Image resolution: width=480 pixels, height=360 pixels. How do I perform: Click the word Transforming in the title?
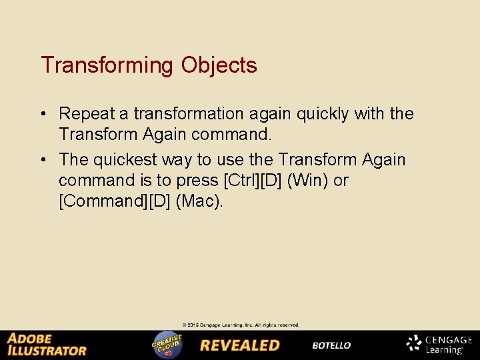[x=107, y=65]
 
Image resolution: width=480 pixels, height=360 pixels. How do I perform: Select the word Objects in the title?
[x=218, y=65]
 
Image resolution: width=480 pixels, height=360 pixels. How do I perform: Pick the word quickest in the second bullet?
[x=136, y=159]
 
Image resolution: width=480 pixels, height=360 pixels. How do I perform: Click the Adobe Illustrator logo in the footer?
[x=47, y=345]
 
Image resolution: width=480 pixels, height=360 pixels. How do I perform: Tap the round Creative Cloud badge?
[x=167, y=345]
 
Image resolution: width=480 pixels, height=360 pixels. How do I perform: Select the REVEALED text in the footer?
[x=240, y=345]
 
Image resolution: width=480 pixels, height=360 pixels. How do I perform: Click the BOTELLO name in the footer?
[x=331, y=345]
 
